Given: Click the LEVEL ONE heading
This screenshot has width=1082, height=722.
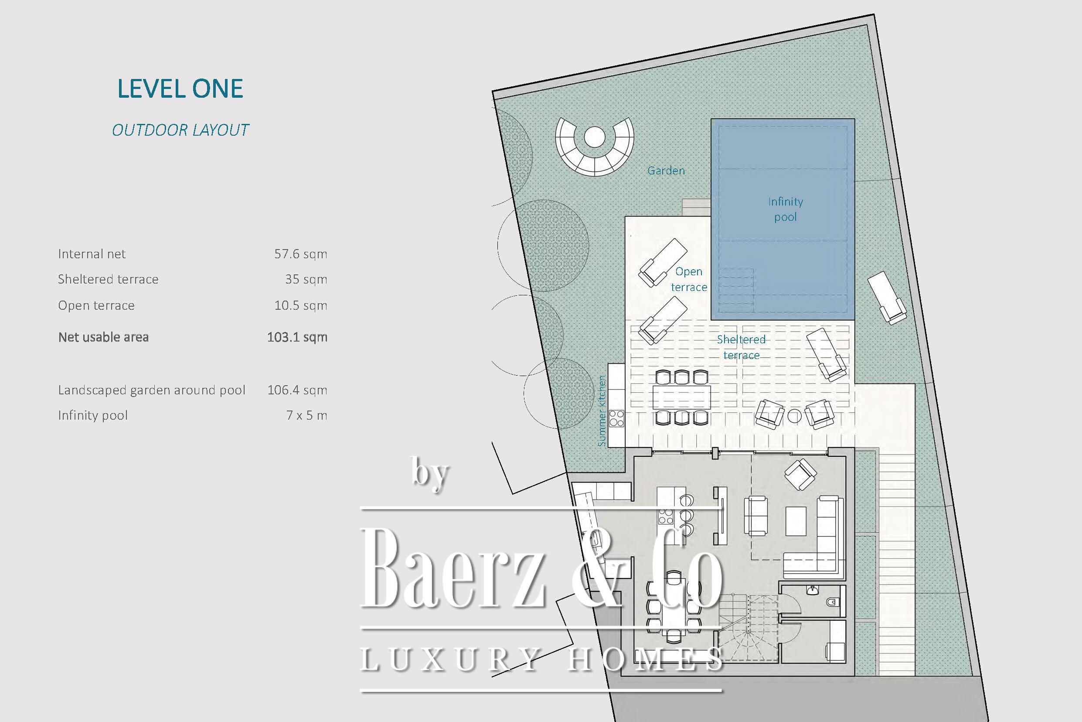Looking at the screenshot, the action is [180, 89].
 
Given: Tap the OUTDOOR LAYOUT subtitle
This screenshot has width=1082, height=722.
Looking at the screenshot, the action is [180, 130].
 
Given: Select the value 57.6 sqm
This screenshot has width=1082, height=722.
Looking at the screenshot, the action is [301, 254].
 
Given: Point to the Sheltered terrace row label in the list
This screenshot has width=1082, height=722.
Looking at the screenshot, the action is [108, 279].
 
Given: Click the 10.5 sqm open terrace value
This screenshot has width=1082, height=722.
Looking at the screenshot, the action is [301, 305].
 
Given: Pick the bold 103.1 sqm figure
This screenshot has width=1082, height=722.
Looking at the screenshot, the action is [297, 337].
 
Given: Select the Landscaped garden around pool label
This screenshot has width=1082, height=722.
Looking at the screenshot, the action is [152, 390].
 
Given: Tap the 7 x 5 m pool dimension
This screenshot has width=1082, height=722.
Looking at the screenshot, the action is [307, 415].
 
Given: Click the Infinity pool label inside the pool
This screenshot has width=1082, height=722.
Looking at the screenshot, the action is [785, 209].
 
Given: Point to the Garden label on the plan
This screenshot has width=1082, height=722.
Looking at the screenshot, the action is [666, 171].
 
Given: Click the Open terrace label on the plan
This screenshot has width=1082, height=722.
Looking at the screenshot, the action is [689, 279].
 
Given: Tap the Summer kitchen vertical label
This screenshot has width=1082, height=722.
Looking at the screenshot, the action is [601, 411].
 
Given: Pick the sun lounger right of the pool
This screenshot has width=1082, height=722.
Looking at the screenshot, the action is [887, 298].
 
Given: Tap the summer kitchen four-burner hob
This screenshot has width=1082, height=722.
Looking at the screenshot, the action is [616, 418].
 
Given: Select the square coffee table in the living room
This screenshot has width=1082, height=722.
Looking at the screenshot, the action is [796, 521].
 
